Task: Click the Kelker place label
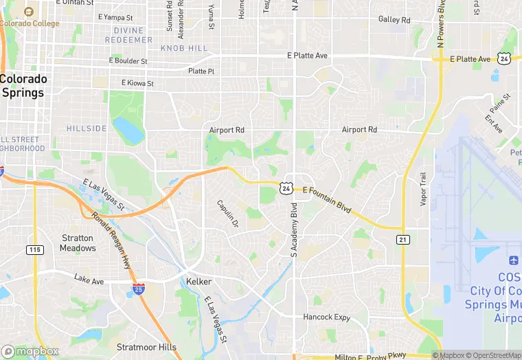coord(199,282)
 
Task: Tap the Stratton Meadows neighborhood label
coord(78,243)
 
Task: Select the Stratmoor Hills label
coord(146,347)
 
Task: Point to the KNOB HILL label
coord(183,48)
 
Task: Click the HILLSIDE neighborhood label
coord(87,128)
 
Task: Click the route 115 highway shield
coord(35,250)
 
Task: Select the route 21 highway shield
coord(403,238)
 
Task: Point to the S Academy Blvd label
coord(295,230)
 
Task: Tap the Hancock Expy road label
coord(327,317)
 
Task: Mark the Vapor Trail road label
coord(423,189)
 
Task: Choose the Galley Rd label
coord(394,20)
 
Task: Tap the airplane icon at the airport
coord(513,261)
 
